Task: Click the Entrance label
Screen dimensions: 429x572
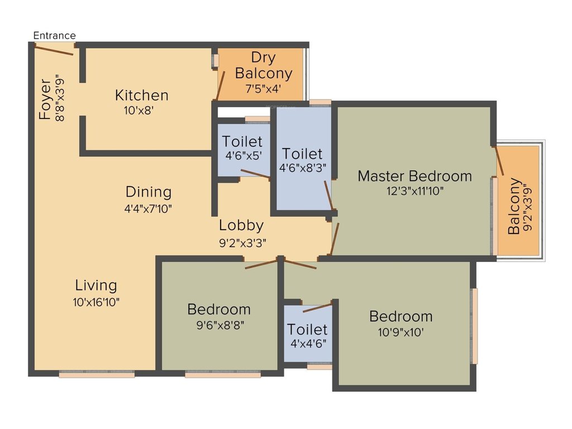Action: coord(54,35)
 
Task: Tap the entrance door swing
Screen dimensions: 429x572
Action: coord(54,50)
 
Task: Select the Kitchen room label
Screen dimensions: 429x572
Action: coord(141,95)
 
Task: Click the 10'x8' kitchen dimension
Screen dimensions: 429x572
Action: coord(139,111)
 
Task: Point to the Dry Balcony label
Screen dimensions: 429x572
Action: coord(263,65)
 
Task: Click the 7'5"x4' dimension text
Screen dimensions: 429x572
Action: coord(263,88)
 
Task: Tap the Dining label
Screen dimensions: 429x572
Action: coord(148,192)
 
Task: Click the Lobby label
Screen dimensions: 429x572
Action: coord(241,226)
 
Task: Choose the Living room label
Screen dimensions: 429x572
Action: coord(96,285)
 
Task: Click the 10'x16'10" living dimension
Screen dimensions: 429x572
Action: coord(96,302)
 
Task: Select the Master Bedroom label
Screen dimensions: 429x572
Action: coord(414,176)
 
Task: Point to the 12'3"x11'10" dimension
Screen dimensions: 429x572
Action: coord(414,191)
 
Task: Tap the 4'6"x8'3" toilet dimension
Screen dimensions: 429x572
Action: coord(302,167)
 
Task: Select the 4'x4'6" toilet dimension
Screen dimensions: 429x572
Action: coord(308,344)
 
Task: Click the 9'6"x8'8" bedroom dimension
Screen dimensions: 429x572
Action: coord(218,324)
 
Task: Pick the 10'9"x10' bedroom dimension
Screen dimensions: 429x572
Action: coord(401,332)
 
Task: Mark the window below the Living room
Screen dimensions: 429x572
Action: coord(97,375)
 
